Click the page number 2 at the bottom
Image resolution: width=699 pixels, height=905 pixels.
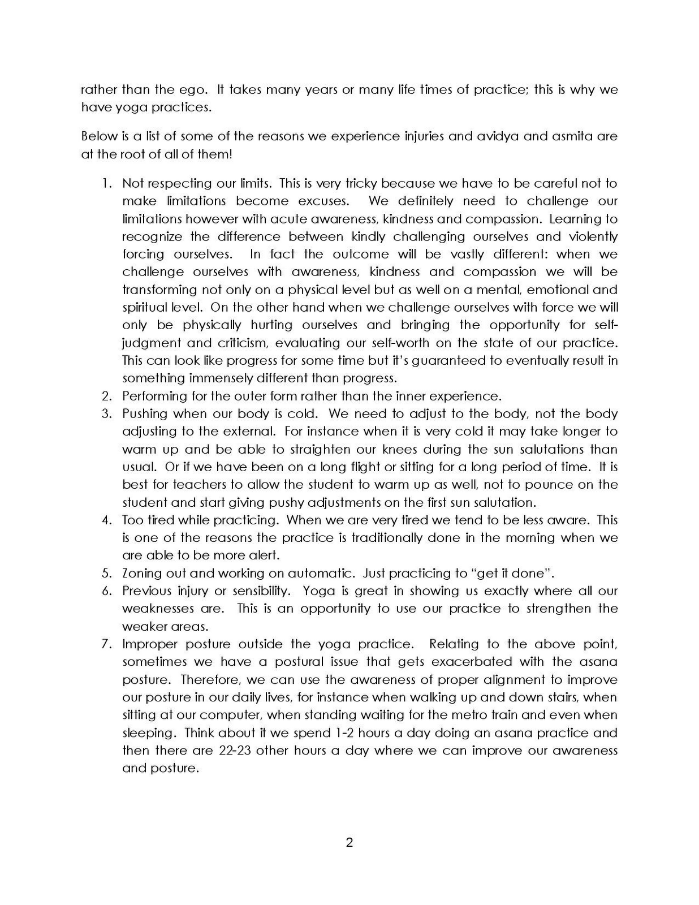349,843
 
